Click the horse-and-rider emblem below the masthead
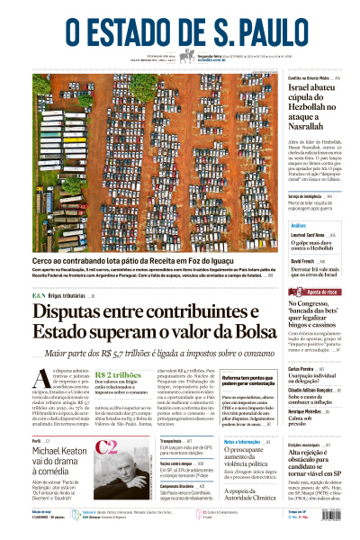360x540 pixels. click(x=187, y=56)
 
